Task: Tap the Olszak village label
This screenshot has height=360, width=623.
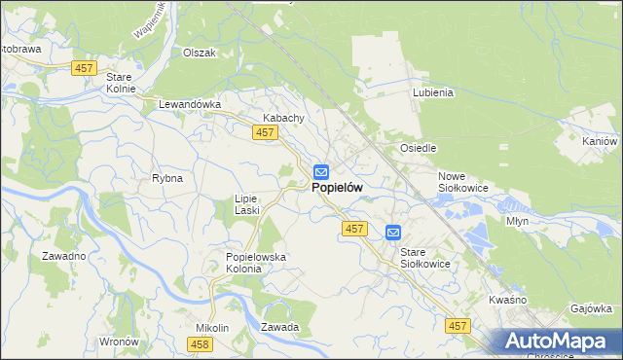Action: (199, 53)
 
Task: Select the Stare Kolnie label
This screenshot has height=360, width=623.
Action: (120, 82)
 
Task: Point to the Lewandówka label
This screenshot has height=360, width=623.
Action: (191, 103)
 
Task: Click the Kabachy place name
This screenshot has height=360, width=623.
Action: (284, 118)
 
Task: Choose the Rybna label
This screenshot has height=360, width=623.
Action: (167, 178)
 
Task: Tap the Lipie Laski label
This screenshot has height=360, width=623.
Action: (245, 203)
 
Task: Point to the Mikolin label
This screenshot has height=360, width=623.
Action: (211, 328)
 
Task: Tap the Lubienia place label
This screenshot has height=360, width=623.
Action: (433, 93)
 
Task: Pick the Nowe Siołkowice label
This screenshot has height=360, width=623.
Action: (462, 180)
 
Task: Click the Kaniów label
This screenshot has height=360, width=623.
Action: (599, 141)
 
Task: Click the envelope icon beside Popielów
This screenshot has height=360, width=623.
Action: (320, 172)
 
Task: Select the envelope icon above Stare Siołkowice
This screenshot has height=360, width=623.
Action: (392, 233)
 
